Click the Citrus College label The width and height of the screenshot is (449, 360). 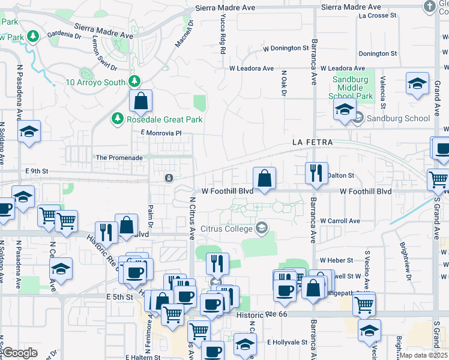pyautogui.click(x=226, y=229)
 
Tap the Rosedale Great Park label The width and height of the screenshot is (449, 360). pyautogui.click(x=164, y=119)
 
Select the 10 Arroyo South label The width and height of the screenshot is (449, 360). pyautogui.click(x=95, y=82)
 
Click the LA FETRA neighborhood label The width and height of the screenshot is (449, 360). pyautogui.click(x=312, y=142)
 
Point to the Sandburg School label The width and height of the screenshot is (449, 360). pyautogui.click(x=400, y=118)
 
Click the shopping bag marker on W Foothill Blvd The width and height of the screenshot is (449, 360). pyautogui.click(x=264, y=178)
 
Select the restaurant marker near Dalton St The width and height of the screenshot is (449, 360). pyautogui.click(x=315, y=173)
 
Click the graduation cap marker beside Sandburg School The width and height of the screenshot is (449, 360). pyautogui.click(x=345, y=110)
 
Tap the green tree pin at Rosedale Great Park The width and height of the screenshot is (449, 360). pyautogui.click(x=117, y=119)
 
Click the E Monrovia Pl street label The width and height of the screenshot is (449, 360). pyautogui.click(x=161, y=133)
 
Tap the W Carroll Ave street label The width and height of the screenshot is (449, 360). pyautogui.click(x=340, y=221)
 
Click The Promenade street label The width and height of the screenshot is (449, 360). pyautogui.click(x=119, y=158)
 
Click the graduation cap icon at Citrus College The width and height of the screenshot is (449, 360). pyautogui.click(x=261, y=228)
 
